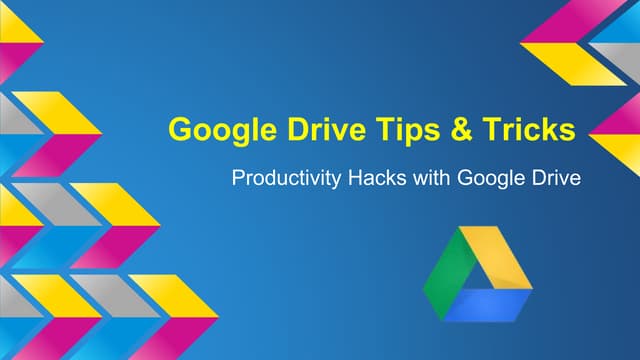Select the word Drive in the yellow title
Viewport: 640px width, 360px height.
pyautogui.click(x=327, y=129)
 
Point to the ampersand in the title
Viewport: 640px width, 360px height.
pyautogui.click(x=461, y=129)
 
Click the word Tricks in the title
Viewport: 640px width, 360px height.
pyautogui.click(x=529, y=129)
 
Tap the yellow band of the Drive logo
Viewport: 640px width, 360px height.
pyautogui.click(x=496, y=257)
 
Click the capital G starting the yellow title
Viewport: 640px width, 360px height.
pyautogui.click(x=181, y=129)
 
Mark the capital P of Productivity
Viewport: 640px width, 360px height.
pyautogui.click(x=238, y=178)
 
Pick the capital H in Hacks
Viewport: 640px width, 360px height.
pyautogui.click(x=355, y=178)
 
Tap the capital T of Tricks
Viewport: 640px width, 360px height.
pyautogui.click(x=491, y=129)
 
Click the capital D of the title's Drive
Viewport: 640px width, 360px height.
pyautogui.click(x=299, y=129)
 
